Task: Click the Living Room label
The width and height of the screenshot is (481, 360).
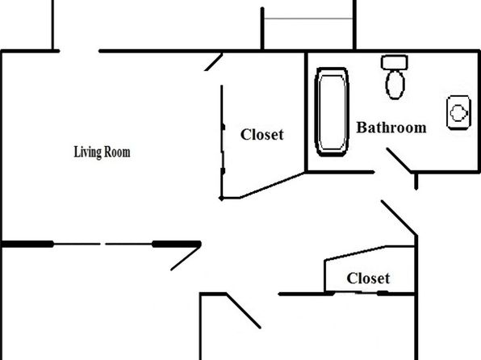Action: click(102, 153)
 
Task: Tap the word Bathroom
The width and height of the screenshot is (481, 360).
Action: click(391, 128)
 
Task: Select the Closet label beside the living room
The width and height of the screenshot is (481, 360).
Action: click(262, 135)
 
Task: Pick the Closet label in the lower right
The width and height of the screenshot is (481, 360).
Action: click(368, 278)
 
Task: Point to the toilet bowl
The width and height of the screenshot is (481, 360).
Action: click(395, 85)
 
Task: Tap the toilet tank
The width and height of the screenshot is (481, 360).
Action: click(395, 62)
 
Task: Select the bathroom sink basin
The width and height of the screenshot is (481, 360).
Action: click(458, 113)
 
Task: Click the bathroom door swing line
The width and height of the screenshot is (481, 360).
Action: click(399, 160)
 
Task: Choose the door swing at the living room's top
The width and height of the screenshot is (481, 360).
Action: click(214, 62)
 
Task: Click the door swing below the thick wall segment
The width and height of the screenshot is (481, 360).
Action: click(186, 258)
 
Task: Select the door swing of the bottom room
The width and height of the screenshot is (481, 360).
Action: click(243, 311)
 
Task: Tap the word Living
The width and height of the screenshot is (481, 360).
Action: click(87, 153)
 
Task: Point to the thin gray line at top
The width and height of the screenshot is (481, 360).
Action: click(308, 19)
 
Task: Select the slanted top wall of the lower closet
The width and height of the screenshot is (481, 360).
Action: click(355, 253)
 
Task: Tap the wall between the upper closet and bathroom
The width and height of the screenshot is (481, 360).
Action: click(306, 112)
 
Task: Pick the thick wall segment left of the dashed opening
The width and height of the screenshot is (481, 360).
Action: click(27, 245)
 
